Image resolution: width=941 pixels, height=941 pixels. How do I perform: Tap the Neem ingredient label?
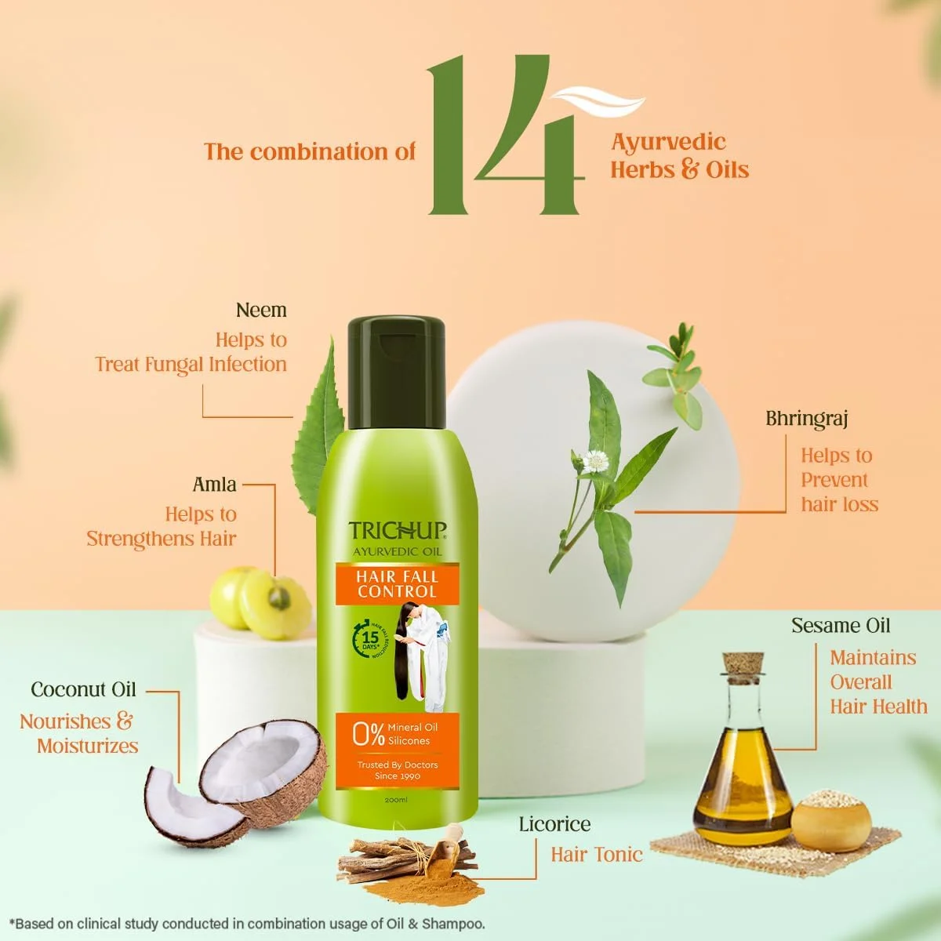[261, 311]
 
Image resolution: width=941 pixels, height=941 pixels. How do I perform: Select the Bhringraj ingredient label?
[807, 419]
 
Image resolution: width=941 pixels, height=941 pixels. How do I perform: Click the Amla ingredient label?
[214, 485]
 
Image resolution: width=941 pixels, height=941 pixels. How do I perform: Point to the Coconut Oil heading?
[83, 690]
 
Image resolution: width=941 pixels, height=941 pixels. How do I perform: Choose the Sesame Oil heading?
[841, 626]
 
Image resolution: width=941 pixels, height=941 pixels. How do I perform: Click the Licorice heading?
[554, 824]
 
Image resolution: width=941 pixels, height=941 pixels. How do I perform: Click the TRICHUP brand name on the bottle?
[398, 531]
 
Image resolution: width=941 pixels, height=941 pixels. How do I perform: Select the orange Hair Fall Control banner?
[397, 584]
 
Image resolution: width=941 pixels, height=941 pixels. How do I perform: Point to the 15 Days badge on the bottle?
[370, 638]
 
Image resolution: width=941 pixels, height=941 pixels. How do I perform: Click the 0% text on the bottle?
[369, 734]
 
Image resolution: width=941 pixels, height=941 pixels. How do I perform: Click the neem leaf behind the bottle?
[319, 427]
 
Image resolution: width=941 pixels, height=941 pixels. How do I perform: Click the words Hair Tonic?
[596, 855]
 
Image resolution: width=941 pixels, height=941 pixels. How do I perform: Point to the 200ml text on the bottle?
[397, 799]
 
